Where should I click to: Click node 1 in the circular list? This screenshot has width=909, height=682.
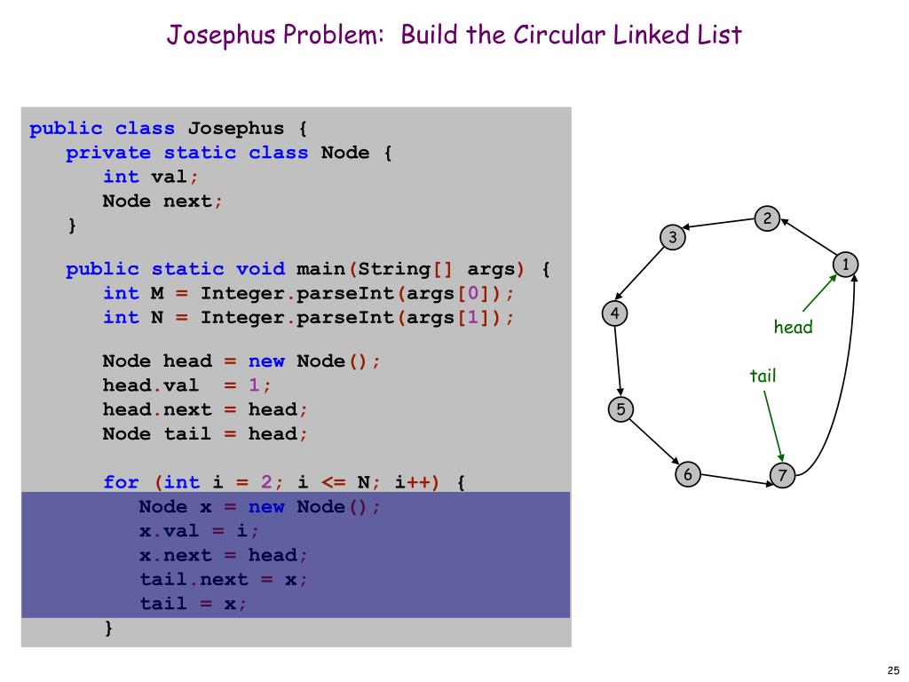pyautogui.click(x=845, y=265)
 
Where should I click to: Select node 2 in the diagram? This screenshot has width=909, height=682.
pyautogui.click(x=767, y=218)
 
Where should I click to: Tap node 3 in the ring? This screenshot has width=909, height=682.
pyautogui.click(x=673, y=237)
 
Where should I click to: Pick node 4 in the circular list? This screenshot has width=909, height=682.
pyautogui.click(x=614, y=313)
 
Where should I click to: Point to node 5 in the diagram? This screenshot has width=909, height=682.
pyautogui.click(x=620, y=409)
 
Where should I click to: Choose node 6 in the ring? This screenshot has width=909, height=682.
pyautogui.click(x=688, y=474)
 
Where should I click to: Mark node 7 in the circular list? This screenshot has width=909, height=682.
pyautogui.click(x=782, y=476)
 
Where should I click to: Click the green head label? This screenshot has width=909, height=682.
pyautogui.click(x=793, y=327)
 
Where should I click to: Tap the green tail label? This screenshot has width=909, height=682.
pyautogui.click(x=763, y=376)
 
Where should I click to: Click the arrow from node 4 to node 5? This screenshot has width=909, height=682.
pyautogui.click(x=618, y=361)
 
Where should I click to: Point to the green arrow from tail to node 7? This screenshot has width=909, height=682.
pyautogui.click(x=773, y=426)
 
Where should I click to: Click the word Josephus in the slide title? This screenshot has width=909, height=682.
pyautogui.click(x=221, y=35)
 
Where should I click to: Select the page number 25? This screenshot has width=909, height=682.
pyautogui.click(x=893, y=670)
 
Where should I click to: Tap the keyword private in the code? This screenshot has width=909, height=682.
pyautogui.click(x=108, y=153)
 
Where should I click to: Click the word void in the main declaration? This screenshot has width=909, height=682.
pyautogui.click(x=260, y=269)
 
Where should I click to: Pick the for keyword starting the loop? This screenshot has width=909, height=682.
pyautogui.click(x=121, y=482)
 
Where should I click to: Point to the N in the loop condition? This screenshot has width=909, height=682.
pyautogui.click(x=363, y=482)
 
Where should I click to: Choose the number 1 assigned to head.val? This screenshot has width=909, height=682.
pyautogui.click(x=254, y=385)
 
